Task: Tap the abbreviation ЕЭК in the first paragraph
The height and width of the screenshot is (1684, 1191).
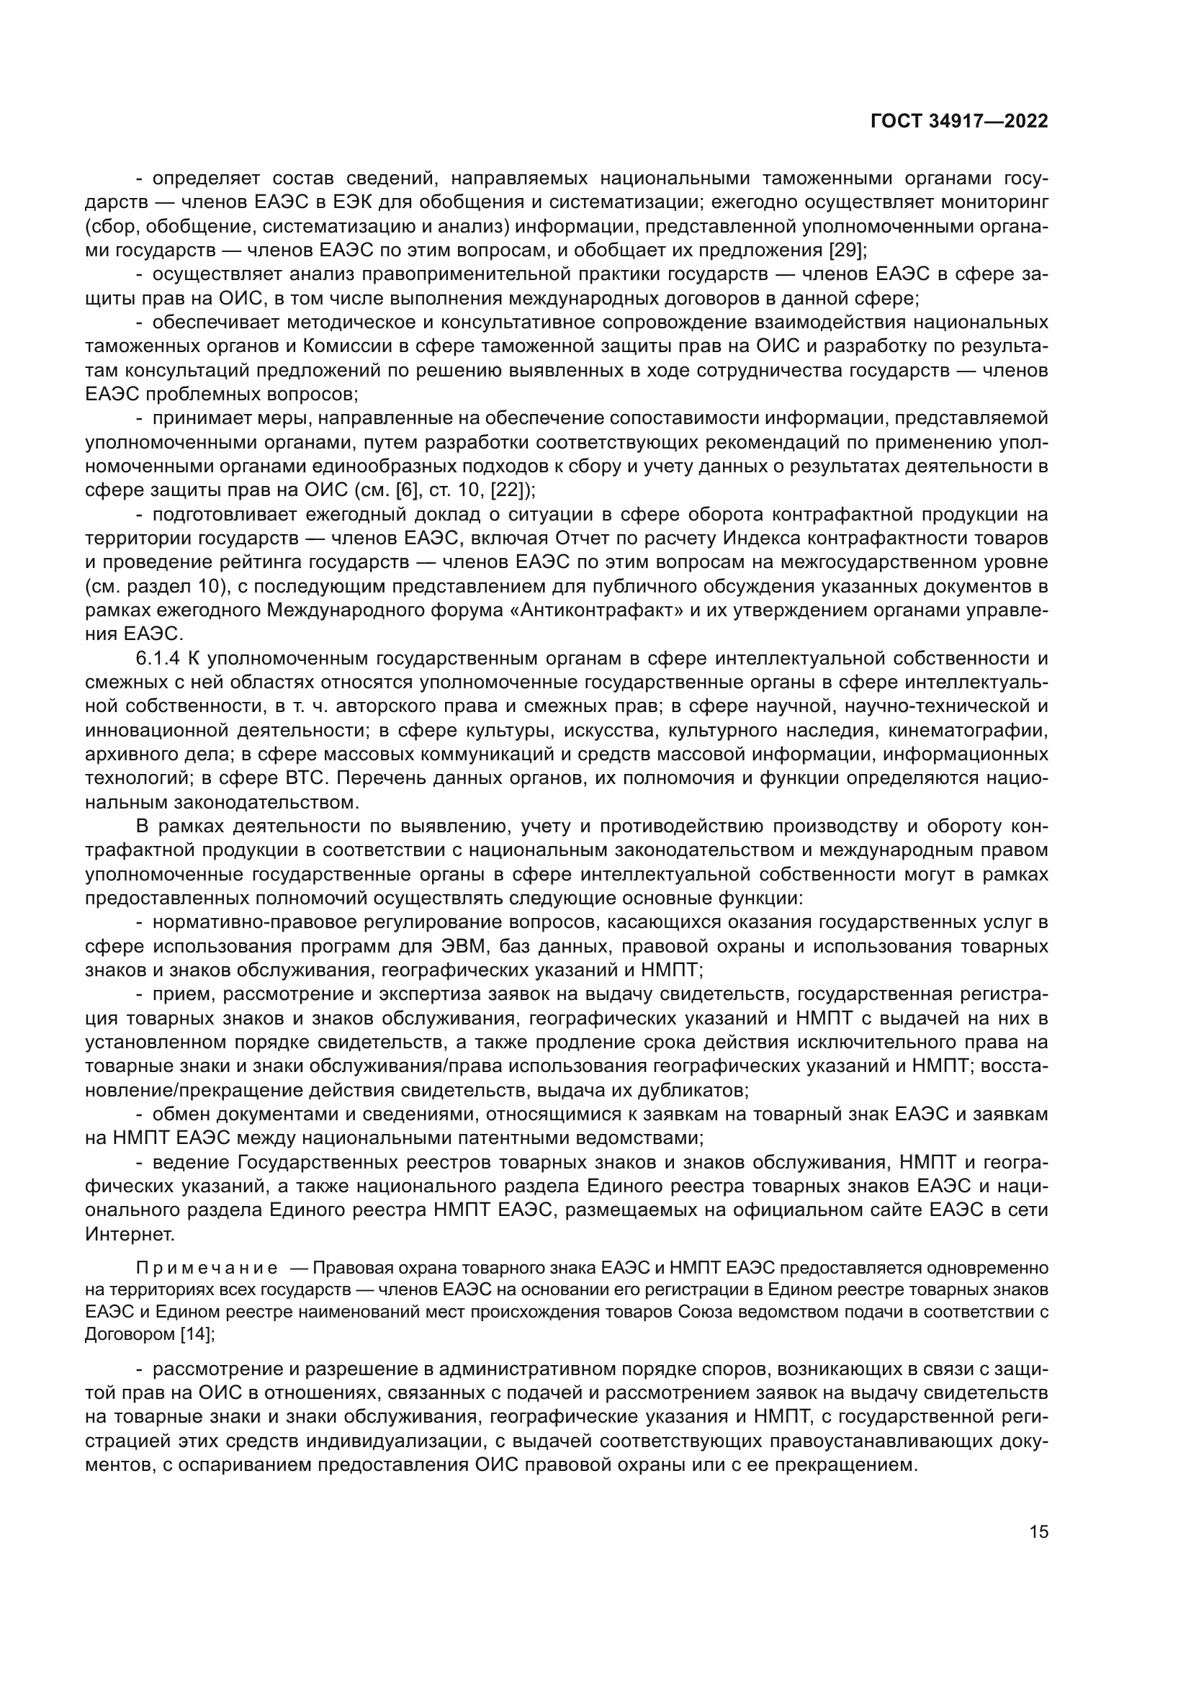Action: pyautogui.click(x=356, y=202)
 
